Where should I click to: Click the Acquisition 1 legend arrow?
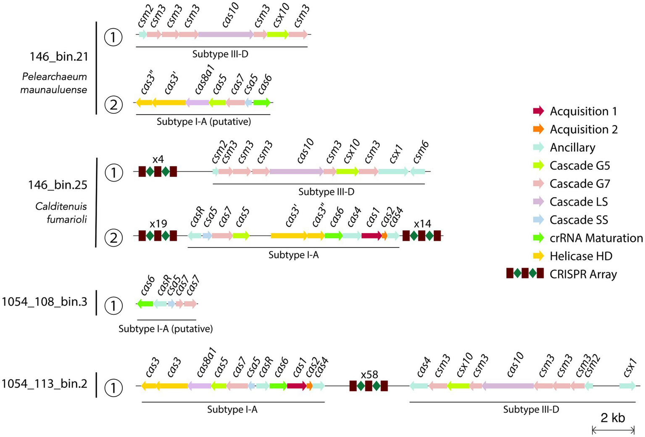tap(538, 111)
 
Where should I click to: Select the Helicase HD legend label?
tap(581, 256)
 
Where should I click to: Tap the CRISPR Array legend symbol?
tap(525, 274)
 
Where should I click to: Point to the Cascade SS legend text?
tap(579, 220)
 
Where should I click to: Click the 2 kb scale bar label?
tap(613, 418)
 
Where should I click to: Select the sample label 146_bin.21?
tap(59, 57)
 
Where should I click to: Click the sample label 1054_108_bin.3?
tap(45, 302)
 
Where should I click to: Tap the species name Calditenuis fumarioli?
tap(61, 213)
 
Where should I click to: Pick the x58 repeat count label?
tap(369, 374)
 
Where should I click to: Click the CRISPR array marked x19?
tap(158, 236)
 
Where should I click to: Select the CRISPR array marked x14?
tap(421, 236)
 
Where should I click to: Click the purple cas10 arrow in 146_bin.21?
tap(225, 34)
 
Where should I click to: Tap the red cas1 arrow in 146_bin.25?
tap(371, 236)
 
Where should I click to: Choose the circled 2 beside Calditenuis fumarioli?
tap(113, 238)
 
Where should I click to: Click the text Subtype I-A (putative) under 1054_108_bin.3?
tap(166, 329)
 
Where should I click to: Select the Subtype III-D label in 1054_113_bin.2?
tap(531, 409)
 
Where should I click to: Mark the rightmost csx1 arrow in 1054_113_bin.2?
tap(627, 386)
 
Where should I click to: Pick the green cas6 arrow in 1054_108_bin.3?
tap(145, 303)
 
